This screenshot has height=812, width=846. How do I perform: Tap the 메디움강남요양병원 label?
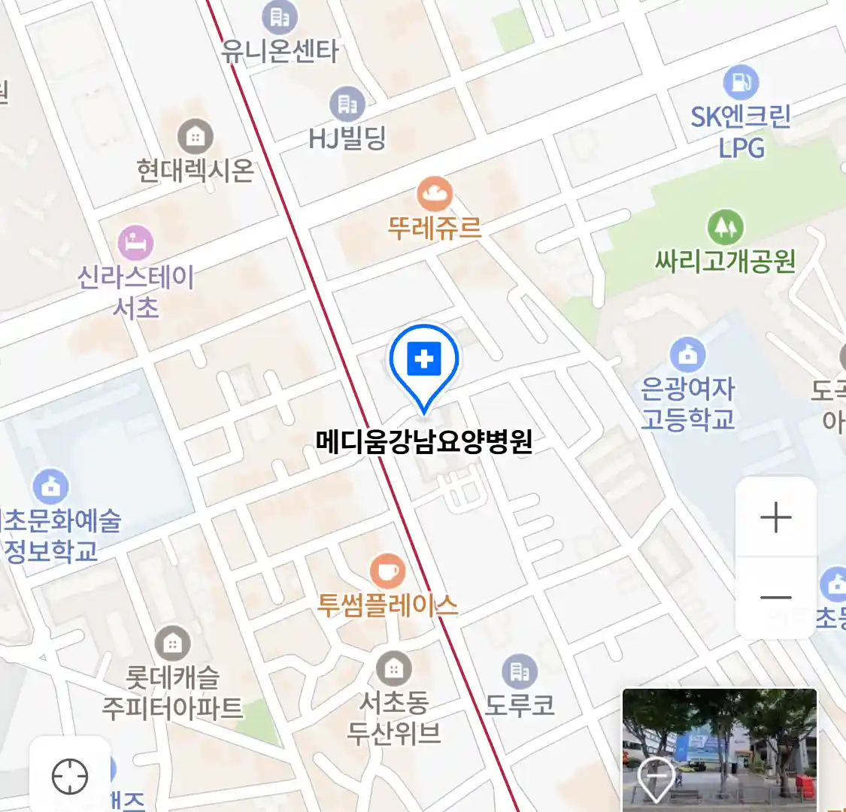point(424,441)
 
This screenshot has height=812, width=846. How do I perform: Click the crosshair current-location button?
point(70,775)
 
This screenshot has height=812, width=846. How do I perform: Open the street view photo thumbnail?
point(719,749)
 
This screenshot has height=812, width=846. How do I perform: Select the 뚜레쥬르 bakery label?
point(434,228)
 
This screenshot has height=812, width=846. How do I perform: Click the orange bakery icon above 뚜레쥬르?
point(435,195)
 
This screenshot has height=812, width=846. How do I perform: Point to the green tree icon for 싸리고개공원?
point(725,226)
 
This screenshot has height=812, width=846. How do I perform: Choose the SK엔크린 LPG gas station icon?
point(741,82)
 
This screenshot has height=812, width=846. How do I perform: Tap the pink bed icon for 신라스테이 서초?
point(136,243)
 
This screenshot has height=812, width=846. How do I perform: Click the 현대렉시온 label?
point(196,171)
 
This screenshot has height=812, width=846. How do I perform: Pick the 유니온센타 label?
point(280,51)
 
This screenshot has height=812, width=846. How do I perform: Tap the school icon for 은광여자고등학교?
point(687,355)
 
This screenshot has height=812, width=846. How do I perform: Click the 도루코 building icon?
point(519,671)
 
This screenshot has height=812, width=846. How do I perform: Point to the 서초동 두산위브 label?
point(393,718)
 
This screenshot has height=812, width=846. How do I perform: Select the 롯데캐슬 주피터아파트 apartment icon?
point(172,644)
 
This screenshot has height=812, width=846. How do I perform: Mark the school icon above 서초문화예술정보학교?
point(50,487)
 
